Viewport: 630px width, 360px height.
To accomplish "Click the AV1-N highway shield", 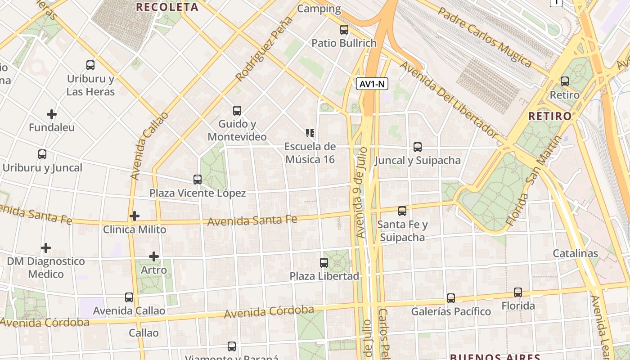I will point(372,84).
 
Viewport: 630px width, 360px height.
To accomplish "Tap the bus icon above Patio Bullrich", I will point(344,30).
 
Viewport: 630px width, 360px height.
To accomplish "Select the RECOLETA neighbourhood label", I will point(167,7).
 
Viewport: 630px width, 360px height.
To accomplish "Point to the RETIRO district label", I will point(550,116).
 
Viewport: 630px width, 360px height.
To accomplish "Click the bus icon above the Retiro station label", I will point(565,81).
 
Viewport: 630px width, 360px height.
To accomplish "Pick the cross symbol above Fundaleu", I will point(52,114).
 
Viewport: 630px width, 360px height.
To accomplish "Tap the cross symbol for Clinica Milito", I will point(135,216).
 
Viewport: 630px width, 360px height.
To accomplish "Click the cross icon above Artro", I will point(154,256).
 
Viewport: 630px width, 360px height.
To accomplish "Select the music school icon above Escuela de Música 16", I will point(310,133).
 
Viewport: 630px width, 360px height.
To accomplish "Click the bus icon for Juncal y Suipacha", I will point(418,147).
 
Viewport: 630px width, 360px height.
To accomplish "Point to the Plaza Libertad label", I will point(324,276).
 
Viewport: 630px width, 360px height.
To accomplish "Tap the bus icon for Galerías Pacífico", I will point(451,298).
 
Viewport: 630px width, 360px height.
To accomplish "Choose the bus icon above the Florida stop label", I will point(518,292).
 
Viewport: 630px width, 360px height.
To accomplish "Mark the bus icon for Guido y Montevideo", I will point(237,110).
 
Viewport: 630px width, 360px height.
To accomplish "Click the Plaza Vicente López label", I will point(198,193).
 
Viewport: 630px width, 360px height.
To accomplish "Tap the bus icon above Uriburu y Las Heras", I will point(90,65).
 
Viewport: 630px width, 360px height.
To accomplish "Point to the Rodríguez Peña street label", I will point(264,50).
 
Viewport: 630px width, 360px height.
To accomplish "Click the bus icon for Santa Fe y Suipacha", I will point(402,211).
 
